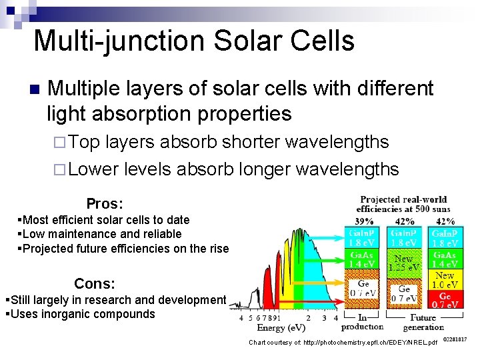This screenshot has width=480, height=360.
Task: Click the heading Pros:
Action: [x=105, y=203]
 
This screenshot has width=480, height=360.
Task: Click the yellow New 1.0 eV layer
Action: [x=445, y=279]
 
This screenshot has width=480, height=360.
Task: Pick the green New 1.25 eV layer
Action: [x=405, y=263]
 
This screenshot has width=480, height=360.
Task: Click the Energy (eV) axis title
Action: [x=281, y=328]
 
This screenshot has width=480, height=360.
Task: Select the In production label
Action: [x=361, y=322]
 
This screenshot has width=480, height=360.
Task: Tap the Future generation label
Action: [x=423, y=322]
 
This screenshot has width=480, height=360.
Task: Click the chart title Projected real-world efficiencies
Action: [x=403, y=204]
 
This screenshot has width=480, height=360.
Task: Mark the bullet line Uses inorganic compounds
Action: [x=80, y=314]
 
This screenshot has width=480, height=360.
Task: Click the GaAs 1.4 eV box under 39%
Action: [x=361, y=259]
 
